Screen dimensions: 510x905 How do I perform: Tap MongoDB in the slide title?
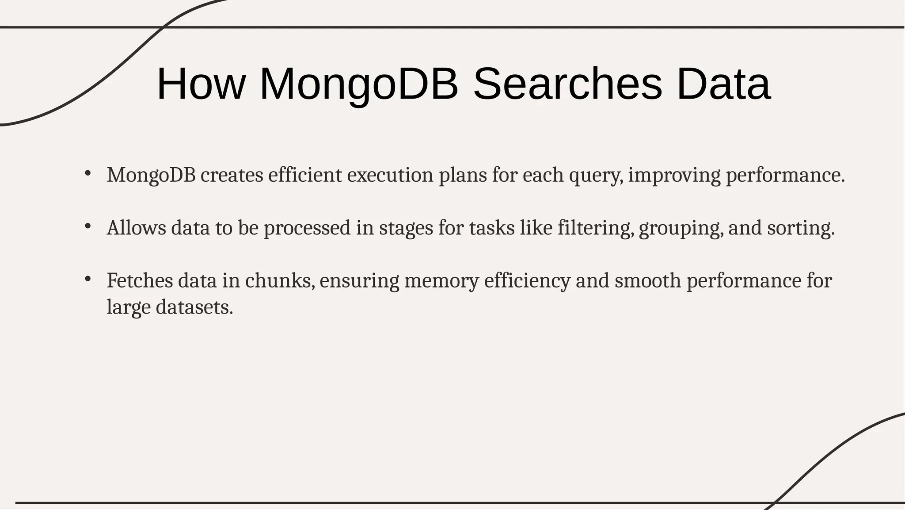pyautogui.click(x=359, y=84)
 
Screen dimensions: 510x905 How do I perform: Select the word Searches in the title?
pyautogui.click(x=568, y=84)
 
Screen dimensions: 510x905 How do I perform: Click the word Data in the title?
pyautogui.click(x=723, y=84)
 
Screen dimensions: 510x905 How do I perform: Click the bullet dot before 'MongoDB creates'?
pyautogui.click(x=87, y=173)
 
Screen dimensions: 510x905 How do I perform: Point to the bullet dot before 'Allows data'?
pyautogui.click(x=87, y=226)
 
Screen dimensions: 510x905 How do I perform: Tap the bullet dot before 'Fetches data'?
pyautogui.click(x=87, y=279)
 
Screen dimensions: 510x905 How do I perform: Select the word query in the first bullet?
pyautogui.click(x=595, y=176)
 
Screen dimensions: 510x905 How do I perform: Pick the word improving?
pyautogui.click(x=674, y=176)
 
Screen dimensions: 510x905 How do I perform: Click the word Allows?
pyautogui.click(x=137, y=228)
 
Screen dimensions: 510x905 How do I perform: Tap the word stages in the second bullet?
pyautogui.click(x=406, y=229)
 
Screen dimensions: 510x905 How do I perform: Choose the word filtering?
pyautogui.click(x=595, y=228)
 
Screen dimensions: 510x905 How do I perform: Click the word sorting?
pyautogui.click(x=800, y=229)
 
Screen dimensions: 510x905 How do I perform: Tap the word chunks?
pyautogui.click(x=280, y=281)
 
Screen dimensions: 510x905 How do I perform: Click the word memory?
pyautogui.click(x=441, y=281)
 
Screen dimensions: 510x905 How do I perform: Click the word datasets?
pyautogui.click(x=194, y=307)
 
